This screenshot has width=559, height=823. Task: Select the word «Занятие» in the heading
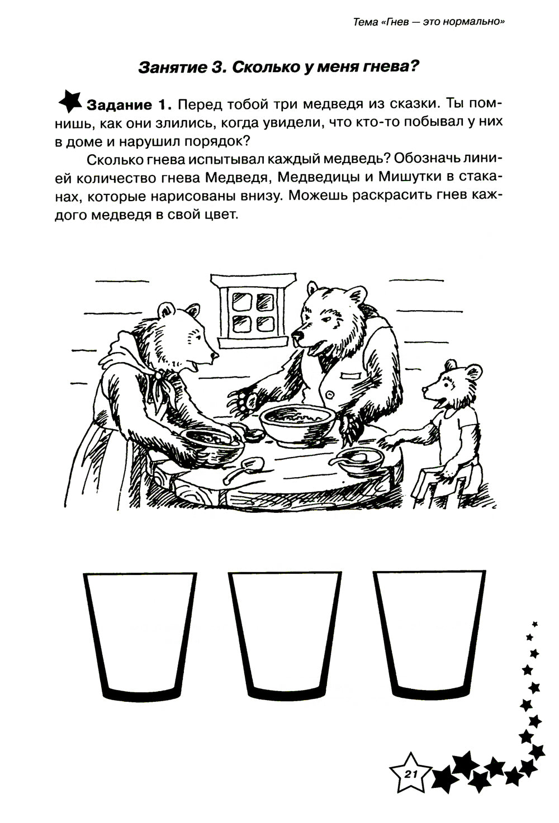pyautogui.click(x=172, y=68)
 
